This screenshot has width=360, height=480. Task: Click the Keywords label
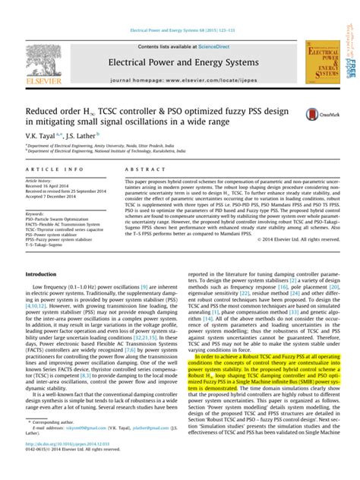point(37,215)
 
